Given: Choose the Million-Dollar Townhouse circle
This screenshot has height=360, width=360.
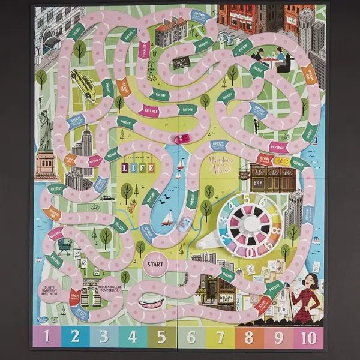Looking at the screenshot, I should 111,286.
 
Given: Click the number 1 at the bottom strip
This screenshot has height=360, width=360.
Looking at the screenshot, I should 46,337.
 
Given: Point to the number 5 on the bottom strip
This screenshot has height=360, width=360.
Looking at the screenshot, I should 161,337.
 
